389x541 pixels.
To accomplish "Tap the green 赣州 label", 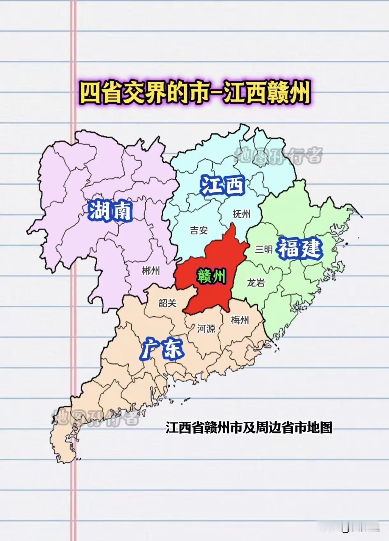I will click(x=211, y=276).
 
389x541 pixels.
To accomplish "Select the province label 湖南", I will click(x=110, y=211).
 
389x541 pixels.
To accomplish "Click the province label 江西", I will click(x=222, y=185).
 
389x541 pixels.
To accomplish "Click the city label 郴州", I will click(x=151, y=271).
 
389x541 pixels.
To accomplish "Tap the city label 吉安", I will click(x=199, y=230).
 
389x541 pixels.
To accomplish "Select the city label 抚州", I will click(x=241, y=214).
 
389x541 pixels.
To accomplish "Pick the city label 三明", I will click(x=264, y=249).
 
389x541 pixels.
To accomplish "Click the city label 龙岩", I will click(x=256, y=282).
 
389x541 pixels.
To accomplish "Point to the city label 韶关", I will click(x=167, y=303).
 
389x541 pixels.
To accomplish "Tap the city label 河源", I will click(x=206, y=328).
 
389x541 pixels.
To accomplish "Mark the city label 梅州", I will click(x=240, y=320).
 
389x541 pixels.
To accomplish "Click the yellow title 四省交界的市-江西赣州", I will click(x=194, y=93).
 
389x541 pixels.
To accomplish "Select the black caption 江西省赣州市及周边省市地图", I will click(x=249, y=427).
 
